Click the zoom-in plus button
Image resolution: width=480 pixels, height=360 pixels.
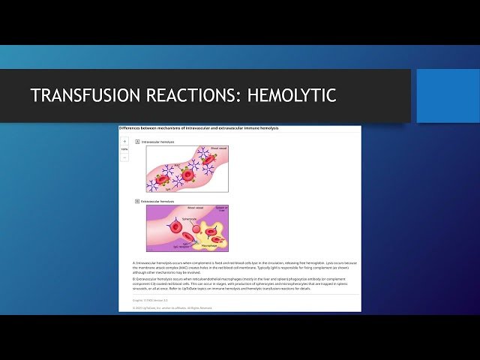coord(124,141)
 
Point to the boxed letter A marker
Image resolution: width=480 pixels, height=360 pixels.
coord(137,142)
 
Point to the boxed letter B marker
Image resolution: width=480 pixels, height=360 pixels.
coord(137,201)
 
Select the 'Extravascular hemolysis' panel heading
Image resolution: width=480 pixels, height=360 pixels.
coord(158,201)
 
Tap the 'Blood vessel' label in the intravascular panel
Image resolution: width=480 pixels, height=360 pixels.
coord(217,148)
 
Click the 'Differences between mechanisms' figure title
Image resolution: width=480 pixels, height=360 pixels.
coord(199,128)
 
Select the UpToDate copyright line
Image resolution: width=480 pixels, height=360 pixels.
coord(165,307)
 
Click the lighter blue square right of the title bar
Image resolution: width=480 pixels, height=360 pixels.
coord(448,95)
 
